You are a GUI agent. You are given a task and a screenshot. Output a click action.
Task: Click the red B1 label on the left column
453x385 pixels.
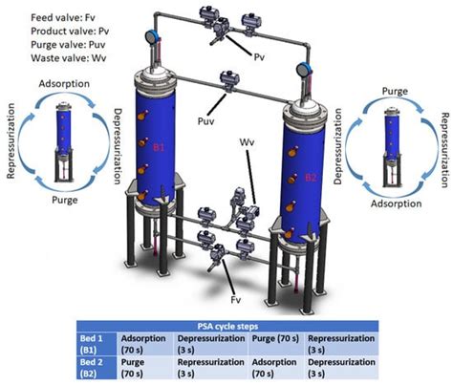point(160,149)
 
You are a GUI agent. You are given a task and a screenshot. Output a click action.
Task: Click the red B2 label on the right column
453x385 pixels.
point(310,178)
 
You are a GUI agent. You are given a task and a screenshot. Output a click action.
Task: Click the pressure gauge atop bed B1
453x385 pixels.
point(149,37)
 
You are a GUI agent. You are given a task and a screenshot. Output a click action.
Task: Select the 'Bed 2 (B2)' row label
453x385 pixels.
point(93,368)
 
